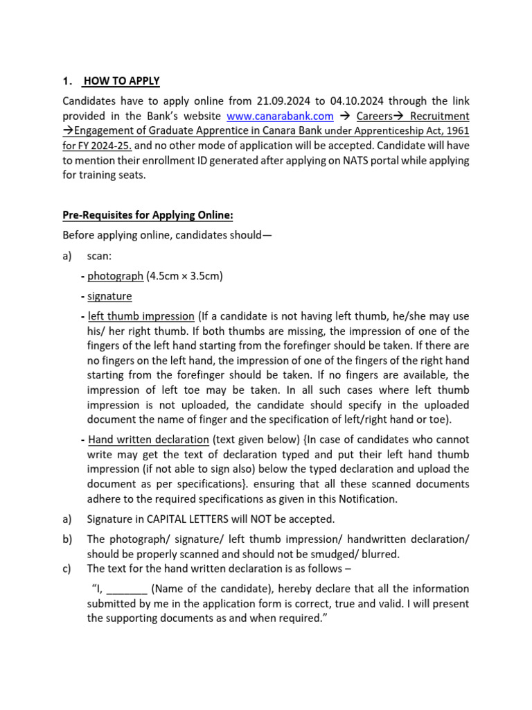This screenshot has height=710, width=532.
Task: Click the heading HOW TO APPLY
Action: point(121,81)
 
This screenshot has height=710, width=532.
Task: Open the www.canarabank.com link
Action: point(280,116)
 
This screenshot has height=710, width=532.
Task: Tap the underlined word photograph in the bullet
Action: point(115,276)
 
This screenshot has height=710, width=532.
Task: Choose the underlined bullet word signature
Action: point(109,296)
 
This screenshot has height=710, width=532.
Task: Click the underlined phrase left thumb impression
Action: point(142,316)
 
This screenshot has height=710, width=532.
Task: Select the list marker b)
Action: point(67,539)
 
